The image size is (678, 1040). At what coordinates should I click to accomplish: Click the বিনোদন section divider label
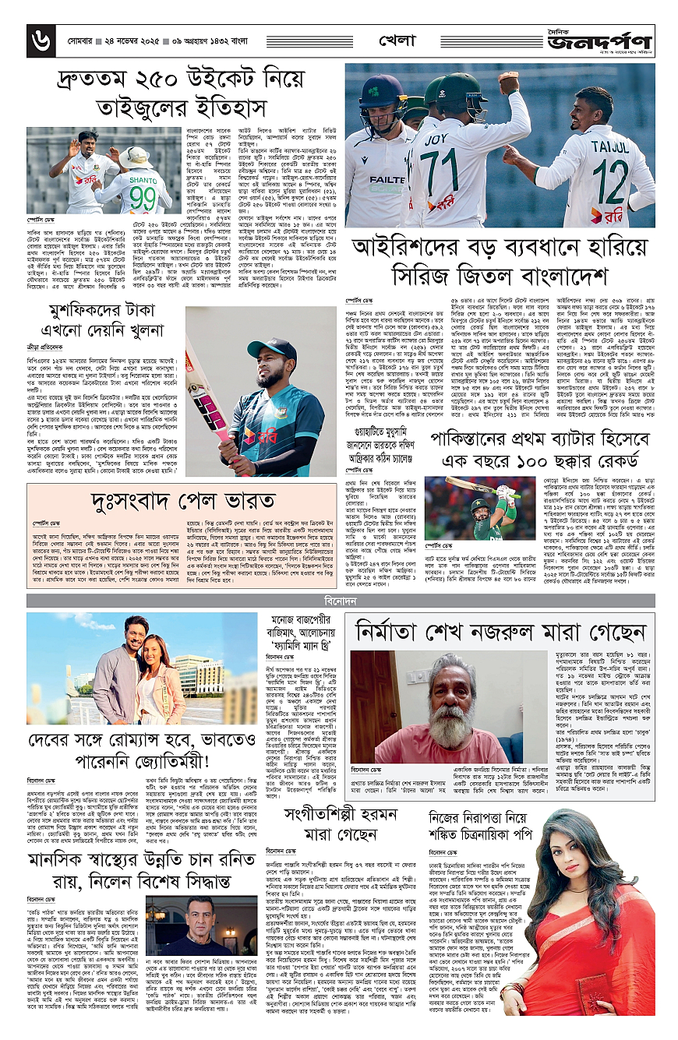tap(341, 601)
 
